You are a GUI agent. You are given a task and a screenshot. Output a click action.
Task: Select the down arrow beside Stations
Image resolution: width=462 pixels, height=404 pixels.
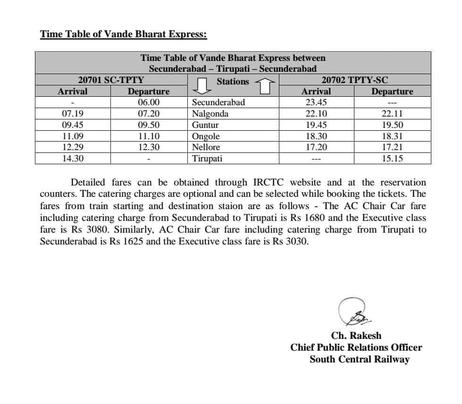pyautogui.click(x=202, y=85)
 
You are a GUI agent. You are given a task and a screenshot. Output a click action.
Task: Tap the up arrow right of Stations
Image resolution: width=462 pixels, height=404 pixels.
pyautogui.click(x=265, y=85)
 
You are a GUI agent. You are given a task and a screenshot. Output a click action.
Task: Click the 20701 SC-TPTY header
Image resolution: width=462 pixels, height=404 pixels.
pyautogui.click(x=111, y=80)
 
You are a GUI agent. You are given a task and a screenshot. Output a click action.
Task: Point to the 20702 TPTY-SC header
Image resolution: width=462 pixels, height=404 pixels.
pyautogui.click(x=354, y=80)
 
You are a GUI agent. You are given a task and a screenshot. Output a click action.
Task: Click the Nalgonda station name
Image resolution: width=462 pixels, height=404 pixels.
pyautogui.click(x=210, y=114)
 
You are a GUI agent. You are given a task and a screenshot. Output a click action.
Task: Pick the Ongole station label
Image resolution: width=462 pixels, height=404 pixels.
pyautogui.click(x=206, y=136)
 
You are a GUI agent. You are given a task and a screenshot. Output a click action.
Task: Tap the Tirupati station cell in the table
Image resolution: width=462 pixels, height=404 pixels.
pyautogui.click(x=207, y=159)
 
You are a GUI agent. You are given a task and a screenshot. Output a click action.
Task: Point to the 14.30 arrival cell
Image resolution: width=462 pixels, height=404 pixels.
pyautogui.click(x=73, y=159)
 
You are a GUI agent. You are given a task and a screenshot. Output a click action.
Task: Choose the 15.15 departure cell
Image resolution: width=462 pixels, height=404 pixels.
pyautogui.click(x=392, y=159)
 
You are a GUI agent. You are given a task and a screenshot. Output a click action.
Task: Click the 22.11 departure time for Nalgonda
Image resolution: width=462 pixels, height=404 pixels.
pyautogui.click(x=392, y=114)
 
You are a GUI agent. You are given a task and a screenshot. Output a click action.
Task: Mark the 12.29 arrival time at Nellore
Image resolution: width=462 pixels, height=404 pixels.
pyautogui.click(x=73, y=147)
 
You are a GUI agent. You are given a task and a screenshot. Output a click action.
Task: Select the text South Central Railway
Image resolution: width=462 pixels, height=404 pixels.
pyautogui.click(x=360, y=360)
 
